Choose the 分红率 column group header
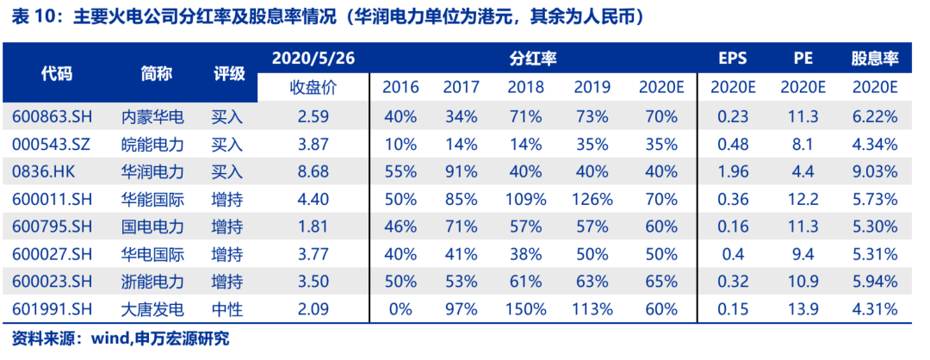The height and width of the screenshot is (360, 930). coord(532,59)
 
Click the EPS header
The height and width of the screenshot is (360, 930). coord(733,59)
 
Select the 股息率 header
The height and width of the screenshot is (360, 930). coord(874,59)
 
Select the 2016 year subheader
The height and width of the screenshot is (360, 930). coord(400,87)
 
